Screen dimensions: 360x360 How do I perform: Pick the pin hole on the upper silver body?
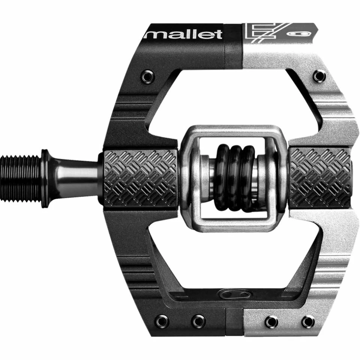click(x=319, y=76)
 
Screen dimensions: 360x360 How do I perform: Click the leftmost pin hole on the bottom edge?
click(x=162, y=321)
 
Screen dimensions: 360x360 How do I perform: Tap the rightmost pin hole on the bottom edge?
click(x=308, y=321)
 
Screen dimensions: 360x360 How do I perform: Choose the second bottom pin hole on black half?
click(x=198, y=321)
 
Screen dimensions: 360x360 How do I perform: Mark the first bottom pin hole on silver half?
click(x=271, y=321)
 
